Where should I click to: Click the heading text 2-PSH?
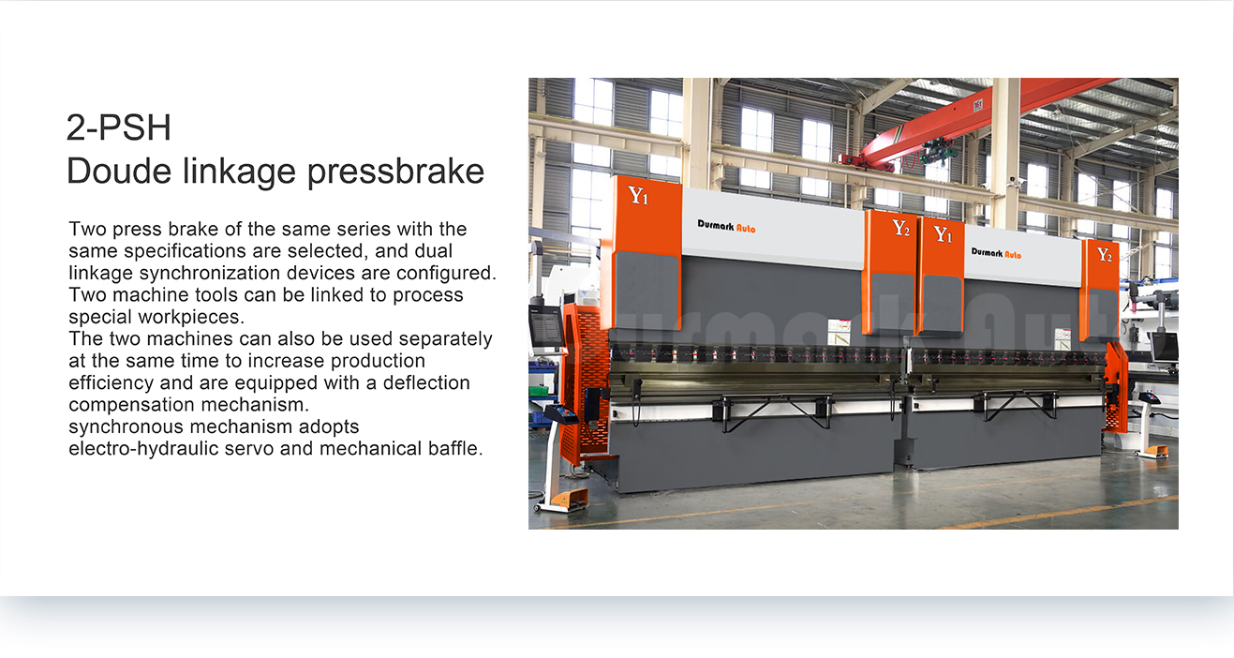(x=118, y=127)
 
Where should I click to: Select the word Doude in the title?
(x=119, y=171)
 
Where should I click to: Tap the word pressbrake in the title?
(x=395, y=172)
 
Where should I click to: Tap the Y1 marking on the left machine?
(x=638, y=196)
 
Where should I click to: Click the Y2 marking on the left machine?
(x=901, y=228)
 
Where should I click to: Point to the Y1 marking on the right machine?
(x=943, y=234)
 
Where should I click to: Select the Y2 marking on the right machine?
(x=1104, y=254)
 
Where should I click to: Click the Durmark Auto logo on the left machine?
(x=727, y=226)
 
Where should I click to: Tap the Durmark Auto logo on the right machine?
(x=996, y=253)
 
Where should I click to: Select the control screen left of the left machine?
(x=546, y=329)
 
